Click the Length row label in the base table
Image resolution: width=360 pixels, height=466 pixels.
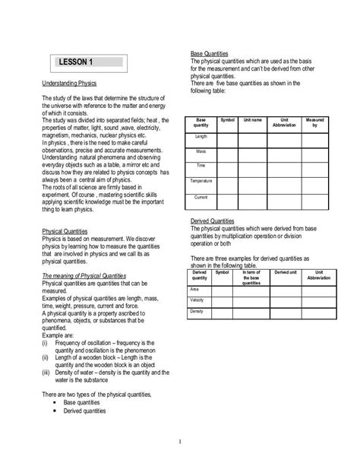tap(201, 136)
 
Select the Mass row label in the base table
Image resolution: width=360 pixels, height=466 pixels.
tap(201, 151)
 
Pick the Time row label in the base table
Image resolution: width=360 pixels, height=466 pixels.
tap(201, 166)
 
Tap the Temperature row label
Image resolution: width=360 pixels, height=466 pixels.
tap(201, 181)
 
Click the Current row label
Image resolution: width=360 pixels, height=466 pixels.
tap(201, 197)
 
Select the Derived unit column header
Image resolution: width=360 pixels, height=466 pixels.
tap(285, 271)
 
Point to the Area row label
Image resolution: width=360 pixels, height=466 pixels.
tap(196, 289)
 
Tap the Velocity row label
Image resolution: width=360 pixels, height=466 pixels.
tap(197, 300)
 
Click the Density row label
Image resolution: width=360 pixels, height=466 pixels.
tap(197, 312)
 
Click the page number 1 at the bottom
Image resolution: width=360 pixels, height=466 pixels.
tap(180, 440)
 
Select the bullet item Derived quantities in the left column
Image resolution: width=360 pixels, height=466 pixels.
tap(84, 411)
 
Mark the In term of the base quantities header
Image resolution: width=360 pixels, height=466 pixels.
tap(251, 275)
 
